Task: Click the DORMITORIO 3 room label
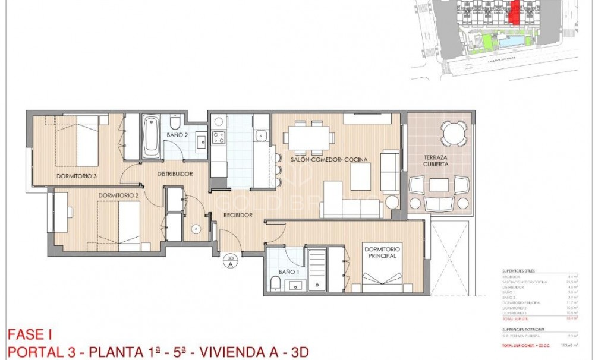[77, 176]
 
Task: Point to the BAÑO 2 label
[177, 135]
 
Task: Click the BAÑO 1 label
[288, 272]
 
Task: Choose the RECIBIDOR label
[238, 215]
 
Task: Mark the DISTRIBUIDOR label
[174, 174]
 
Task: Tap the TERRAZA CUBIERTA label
[436, 160]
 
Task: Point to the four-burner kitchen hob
[218, 137]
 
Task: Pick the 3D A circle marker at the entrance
[230, 261]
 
